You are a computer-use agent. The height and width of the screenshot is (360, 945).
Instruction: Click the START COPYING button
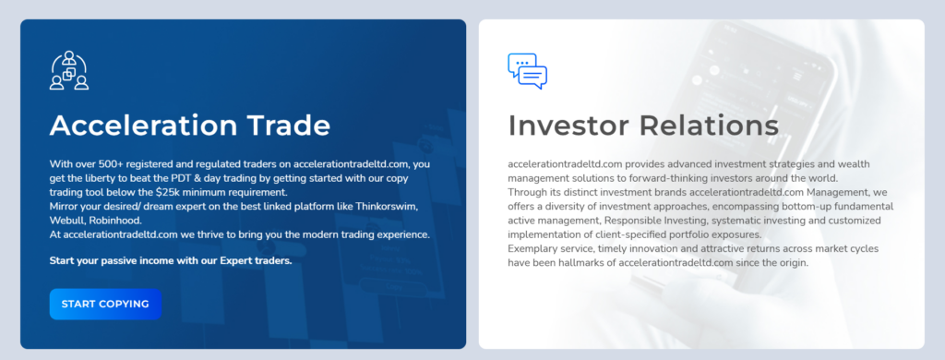coord(105,304)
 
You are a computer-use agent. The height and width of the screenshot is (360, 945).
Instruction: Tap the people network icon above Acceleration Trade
coord(69,71)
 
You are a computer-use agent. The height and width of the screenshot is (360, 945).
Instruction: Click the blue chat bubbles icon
coord(527,71)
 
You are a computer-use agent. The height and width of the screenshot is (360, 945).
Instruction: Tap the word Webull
coord(70,220)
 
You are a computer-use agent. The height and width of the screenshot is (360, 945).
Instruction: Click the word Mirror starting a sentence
coord(66,206)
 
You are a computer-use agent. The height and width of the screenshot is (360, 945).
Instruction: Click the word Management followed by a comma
coord(831,192)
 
